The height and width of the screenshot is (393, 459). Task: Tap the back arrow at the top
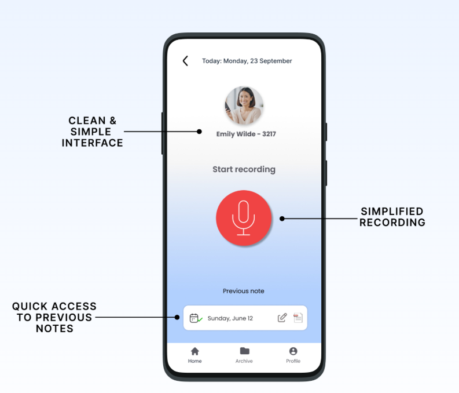coord(185,61)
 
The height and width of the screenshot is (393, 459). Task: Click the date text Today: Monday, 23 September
coord(247,61)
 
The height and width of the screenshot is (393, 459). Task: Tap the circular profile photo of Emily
coord(244,105)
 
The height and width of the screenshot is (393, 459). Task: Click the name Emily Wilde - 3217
coord(246,134)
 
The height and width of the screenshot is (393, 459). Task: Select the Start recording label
coord(244,169)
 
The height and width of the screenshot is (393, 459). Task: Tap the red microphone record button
coord(244,218)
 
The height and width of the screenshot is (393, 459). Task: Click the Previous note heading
coord(244,291)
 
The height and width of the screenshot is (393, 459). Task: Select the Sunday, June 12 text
coord(230,318)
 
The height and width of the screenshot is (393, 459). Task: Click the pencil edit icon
coord(282,318)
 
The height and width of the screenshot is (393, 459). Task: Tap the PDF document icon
coord(298,318)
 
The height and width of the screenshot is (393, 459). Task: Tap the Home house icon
coord(195,351)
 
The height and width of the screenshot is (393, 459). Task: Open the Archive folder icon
coord(244,351)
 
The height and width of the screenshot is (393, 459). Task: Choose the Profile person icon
coord(293,351)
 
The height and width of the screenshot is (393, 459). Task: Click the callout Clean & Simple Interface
coord(93,132)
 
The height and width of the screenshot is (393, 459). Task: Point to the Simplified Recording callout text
coord(392,217)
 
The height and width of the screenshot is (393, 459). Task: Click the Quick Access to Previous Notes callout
coord(54,317)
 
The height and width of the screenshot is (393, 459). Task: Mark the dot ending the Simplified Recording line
coord(282,219)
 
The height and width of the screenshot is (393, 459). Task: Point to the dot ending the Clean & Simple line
coord(199,132)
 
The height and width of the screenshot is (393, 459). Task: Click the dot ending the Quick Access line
coord(178,317)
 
